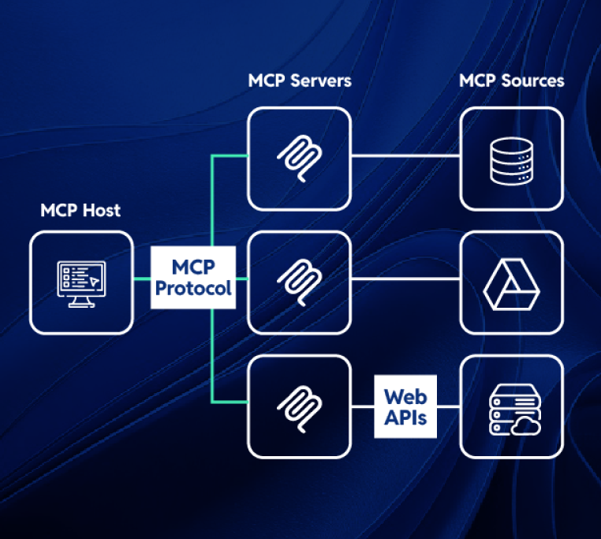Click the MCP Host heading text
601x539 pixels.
point(80,211)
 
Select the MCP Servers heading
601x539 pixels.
point(300,80)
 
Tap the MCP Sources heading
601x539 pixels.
point(511,80)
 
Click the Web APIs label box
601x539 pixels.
point(405,406)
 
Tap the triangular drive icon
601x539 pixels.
point(511,282)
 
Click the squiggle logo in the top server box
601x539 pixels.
point(300,158)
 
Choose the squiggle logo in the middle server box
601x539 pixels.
point(300,282)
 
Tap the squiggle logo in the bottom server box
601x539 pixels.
point(300,406)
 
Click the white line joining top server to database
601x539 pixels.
point(405,155)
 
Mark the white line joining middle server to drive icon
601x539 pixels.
point(405,279)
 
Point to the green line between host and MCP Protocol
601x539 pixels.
point(141,279)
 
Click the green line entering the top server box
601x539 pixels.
point(230,155)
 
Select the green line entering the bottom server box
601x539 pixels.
point(230,403)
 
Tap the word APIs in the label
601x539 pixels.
point(405,418)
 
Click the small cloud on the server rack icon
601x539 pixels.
point(524,427)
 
